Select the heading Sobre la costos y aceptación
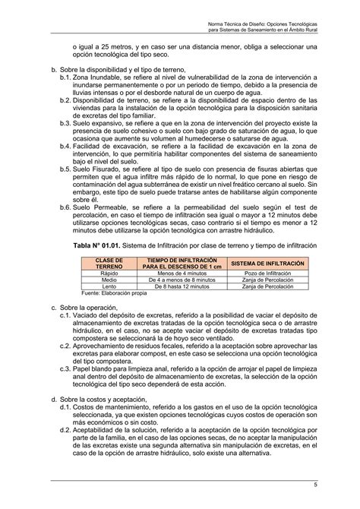[x=107, y=398]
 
